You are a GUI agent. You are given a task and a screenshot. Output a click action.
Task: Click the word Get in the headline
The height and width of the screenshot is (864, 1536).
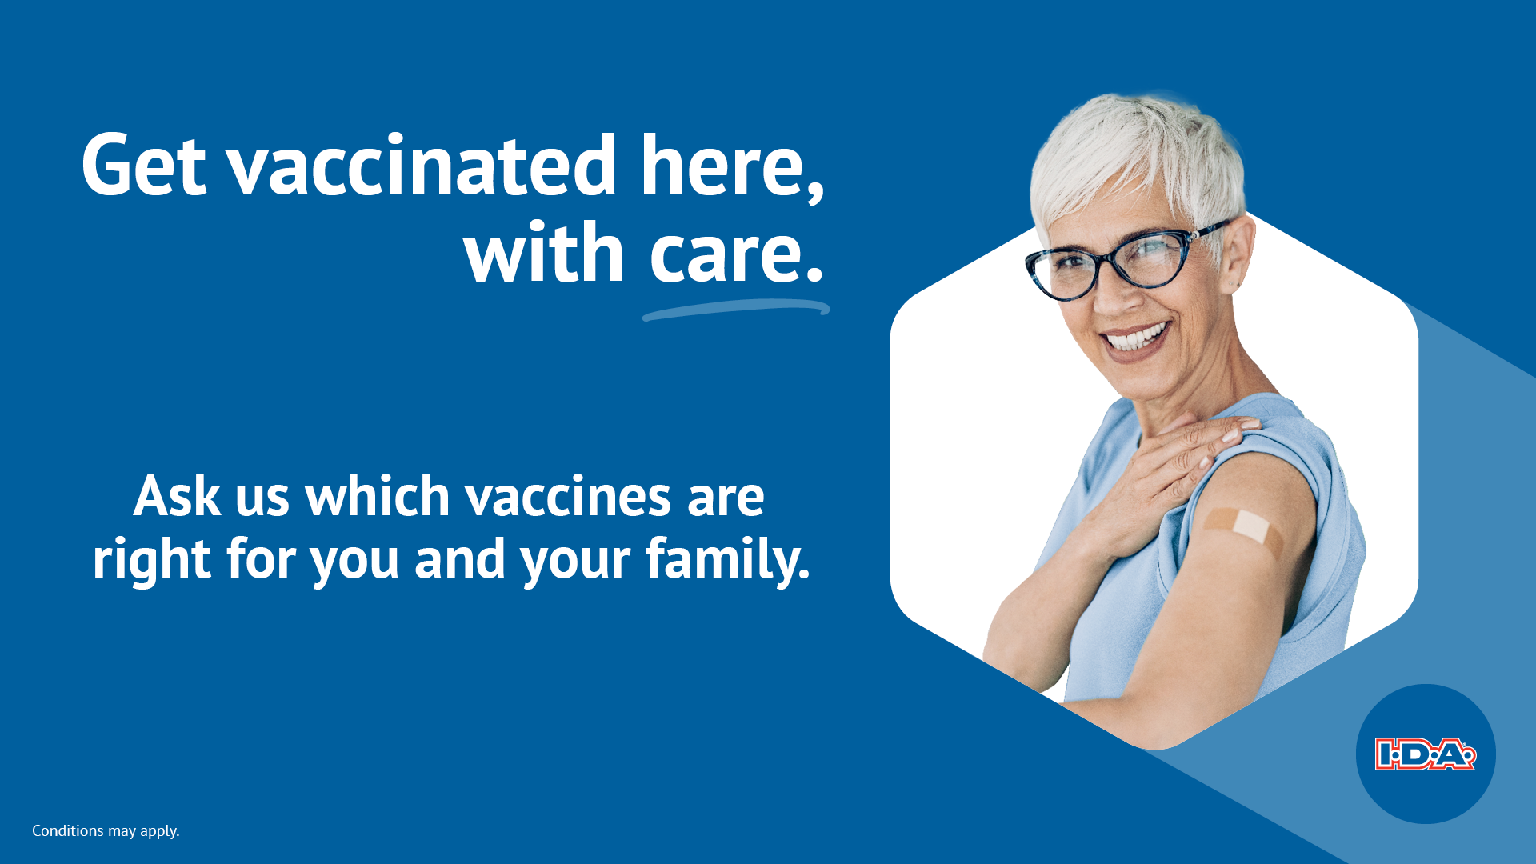(144, 165)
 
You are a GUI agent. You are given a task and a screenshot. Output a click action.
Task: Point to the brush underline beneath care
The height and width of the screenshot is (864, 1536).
(736, 310)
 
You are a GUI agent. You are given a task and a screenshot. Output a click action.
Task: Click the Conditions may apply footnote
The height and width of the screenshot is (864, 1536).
(106, 831)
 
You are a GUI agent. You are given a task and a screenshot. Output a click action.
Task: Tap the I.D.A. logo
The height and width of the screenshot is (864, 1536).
(1426, 754)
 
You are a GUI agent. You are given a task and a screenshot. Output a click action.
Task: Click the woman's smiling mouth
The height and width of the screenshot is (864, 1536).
(1136, 338)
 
